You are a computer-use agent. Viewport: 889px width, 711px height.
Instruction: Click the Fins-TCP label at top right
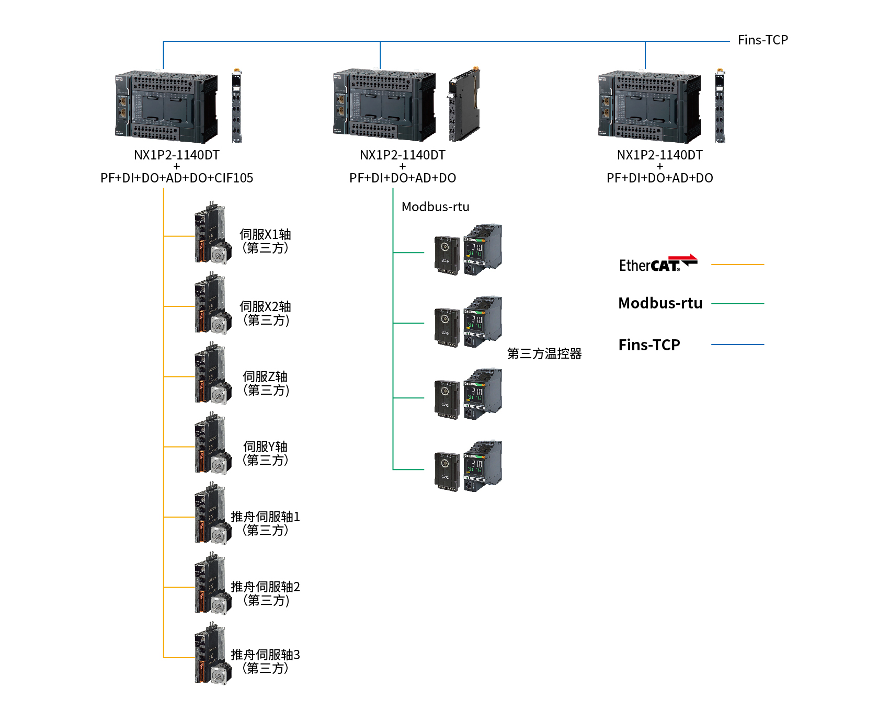[x=762, y=40]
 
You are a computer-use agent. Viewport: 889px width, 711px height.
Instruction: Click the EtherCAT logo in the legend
[x=658, y=264]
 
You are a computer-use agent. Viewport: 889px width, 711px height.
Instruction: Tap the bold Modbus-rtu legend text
[x=660, y=303]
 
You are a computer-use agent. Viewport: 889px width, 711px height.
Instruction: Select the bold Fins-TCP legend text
[x=649, y=345]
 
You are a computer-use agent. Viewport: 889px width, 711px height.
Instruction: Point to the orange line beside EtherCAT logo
[x=737, y=265]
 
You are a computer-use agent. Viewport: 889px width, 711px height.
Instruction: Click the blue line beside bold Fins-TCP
[x=737, y=345]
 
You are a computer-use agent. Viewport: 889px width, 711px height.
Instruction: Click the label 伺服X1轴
[x=265, y=235]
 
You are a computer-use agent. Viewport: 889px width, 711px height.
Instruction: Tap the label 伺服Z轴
[x=265, y=376]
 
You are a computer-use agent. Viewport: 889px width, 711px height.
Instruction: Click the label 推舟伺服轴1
[x=265, y=517]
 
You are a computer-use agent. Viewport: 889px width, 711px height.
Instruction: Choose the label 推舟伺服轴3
[x=265, y=655]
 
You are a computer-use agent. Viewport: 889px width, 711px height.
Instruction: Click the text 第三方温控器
[x=544, y=354]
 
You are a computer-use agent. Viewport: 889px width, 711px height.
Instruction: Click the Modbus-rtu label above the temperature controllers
[x=435, y=207]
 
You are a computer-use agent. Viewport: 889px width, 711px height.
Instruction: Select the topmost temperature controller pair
[x=468, y=250]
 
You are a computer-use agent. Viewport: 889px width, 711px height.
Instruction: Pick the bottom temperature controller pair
[x=468, y=466]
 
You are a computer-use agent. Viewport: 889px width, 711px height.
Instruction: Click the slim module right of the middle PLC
[x=464, y=105]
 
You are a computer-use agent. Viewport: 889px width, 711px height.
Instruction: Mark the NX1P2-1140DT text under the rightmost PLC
[x=659, y=155]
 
